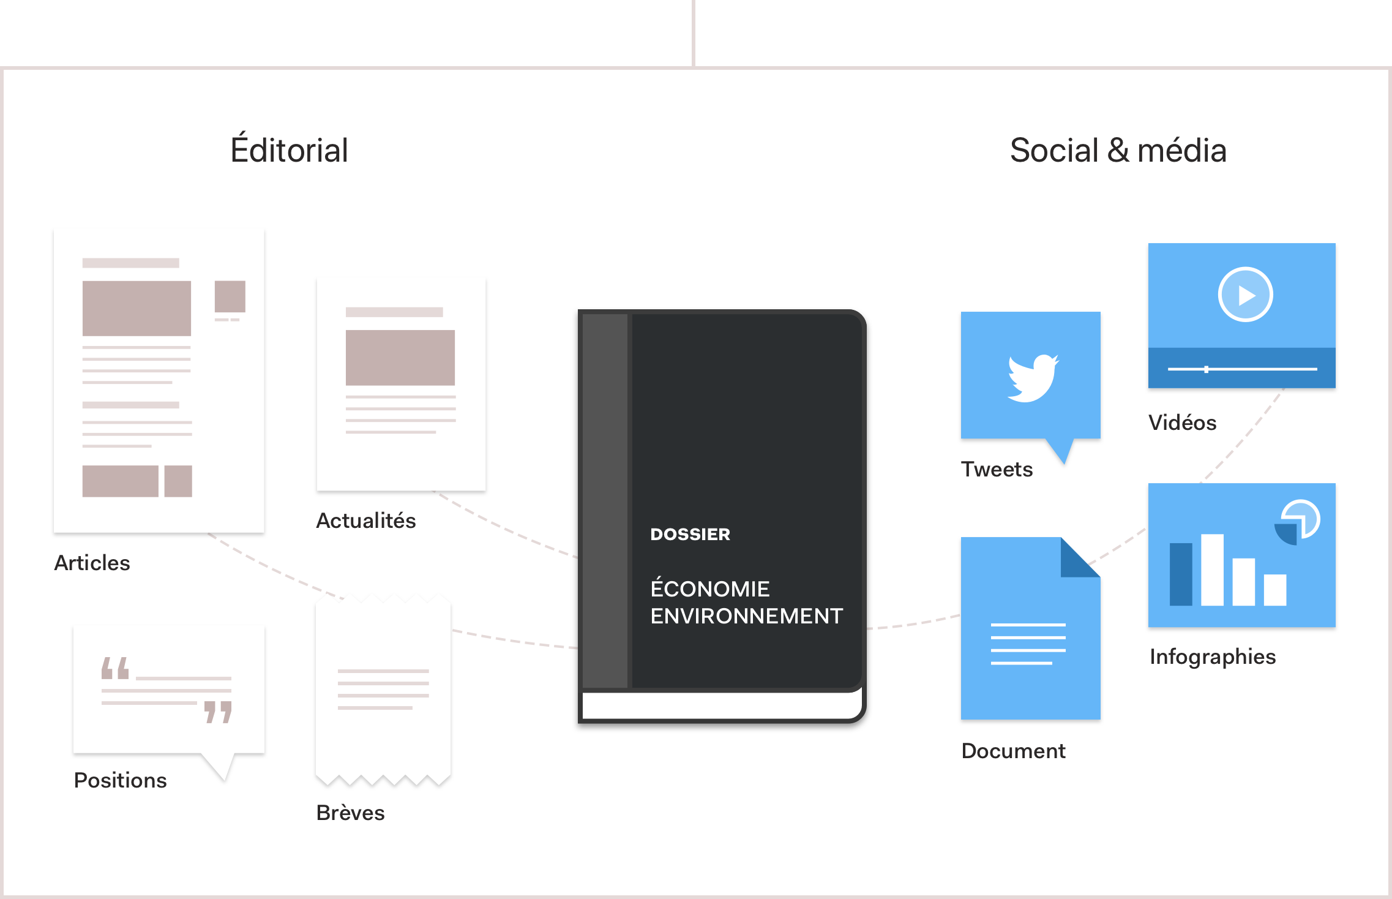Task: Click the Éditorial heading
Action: click(289, 150)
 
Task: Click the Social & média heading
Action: click(1118, 150)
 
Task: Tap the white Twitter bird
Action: click(1033, 378)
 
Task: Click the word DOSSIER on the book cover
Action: click(690, 534)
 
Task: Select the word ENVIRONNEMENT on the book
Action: click(746, 616)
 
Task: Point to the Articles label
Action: click(92, 563)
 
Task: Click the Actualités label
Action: click(366, 521)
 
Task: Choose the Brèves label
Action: click(351, 813)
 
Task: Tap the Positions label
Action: click(121, 780)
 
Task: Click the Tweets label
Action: click(997, 469)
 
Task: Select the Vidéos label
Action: click(1182, 423)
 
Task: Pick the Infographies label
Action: click(1213, 656)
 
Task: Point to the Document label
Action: click(1014, 751)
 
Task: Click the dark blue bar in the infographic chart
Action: click(1181, 574)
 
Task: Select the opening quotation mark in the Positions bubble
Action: click(115, 668)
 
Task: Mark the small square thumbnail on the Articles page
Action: click(230, 296)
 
